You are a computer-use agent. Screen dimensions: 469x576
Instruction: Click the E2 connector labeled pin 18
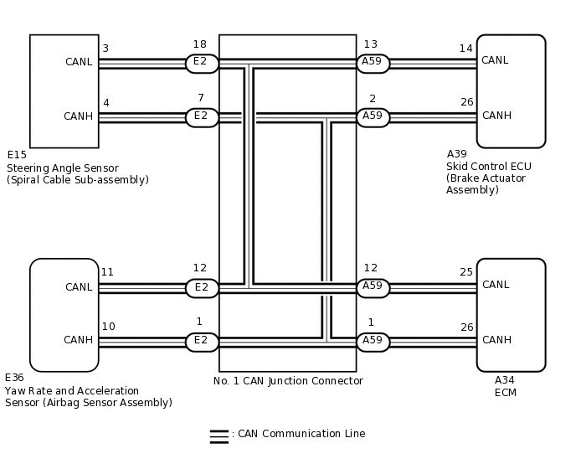[202, 64]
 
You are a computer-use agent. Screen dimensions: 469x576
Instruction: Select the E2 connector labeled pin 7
[202, 117]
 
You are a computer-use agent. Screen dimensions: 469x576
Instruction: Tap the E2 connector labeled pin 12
[202, 288]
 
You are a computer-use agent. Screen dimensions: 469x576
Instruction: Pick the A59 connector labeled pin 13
[373, 64]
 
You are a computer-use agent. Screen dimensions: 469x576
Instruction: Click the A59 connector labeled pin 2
[373, 117]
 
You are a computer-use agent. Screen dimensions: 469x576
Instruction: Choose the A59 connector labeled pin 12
[373, 288]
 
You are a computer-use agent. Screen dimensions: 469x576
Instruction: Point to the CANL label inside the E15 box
[79, 62]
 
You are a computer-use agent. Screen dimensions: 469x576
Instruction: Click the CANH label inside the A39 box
[496, 116]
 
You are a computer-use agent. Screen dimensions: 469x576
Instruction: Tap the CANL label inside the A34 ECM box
[496, 285]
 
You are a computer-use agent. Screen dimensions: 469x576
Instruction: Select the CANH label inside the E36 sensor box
[79, 340]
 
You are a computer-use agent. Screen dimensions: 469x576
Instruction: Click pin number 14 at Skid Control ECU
[466, 49]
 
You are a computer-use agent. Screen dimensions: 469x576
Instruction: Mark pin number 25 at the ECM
[466, 272]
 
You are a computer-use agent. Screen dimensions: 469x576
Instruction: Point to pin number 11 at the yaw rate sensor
[107, 272]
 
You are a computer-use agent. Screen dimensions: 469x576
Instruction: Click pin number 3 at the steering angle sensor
[105, 49]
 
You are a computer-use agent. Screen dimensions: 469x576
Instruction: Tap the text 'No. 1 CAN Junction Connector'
[288, 381]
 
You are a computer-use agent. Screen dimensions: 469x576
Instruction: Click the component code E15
[17, 155]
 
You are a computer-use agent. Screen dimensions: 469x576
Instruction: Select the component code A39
[457, 154]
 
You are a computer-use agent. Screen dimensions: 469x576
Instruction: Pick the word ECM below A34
[506, 392]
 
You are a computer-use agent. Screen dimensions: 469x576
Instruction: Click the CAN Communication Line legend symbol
[219, 435]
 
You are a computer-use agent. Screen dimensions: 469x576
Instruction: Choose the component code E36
[15, 378]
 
